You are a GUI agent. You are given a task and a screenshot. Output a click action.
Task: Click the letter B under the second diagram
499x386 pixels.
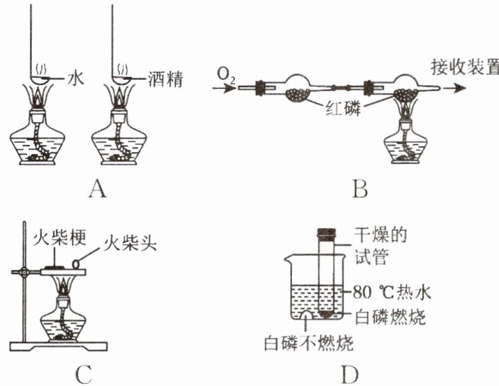click(x=360, y=191)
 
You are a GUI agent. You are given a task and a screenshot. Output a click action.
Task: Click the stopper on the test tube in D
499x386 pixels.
click(x=326, y=233)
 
